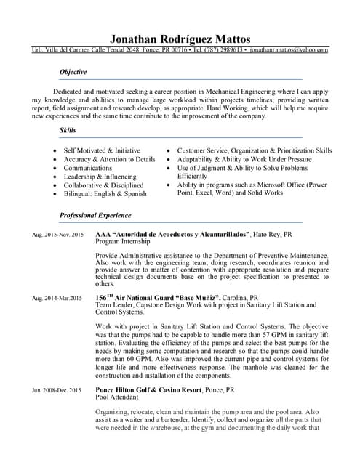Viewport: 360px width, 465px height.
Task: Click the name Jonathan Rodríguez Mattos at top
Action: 180,38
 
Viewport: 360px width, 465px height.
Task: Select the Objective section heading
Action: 73,73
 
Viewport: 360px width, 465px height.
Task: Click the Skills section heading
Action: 67,131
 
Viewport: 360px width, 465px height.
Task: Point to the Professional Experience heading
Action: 95,216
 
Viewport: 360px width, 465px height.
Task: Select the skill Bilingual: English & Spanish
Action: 105,194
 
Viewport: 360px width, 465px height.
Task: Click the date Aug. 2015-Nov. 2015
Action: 57,235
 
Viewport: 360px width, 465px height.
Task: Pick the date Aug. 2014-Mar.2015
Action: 57,299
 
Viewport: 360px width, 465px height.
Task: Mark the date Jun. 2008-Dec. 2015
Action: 57,391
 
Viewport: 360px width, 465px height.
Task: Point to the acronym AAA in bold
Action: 104,235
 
